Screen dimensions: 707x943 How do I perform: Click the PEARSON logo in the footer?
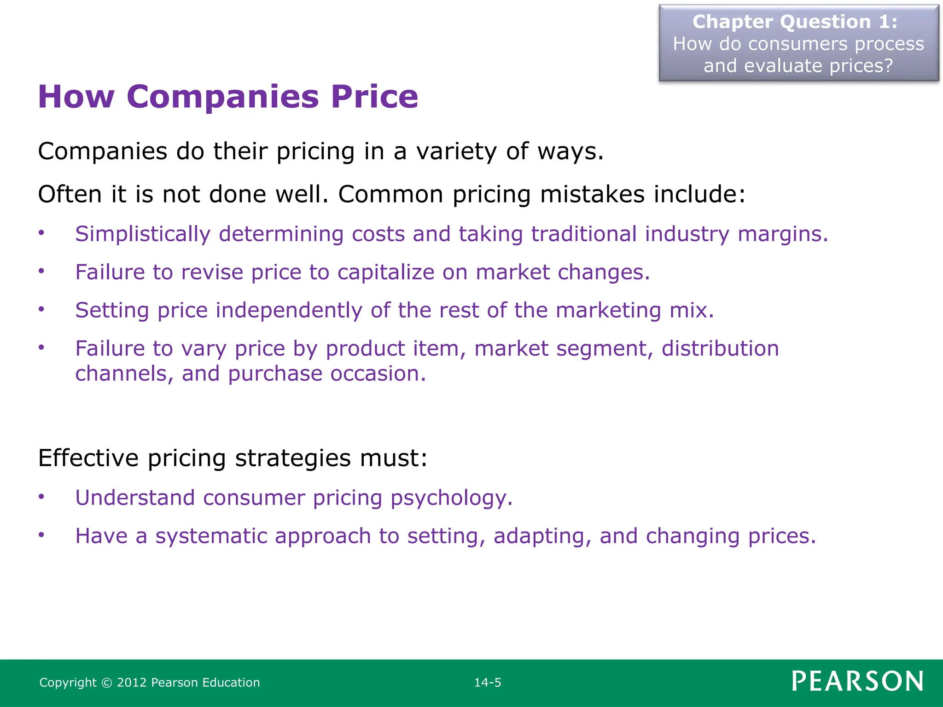[857, 681]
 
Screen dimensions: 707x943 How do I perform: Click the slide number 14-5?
[488, 682]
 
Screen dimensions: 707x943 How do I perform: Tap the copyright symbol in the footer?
[106, 683]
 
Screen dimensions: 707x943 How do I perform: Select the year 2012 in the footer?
[132, 682]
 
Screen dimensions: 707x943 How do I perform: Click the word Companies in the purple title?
[222, 97]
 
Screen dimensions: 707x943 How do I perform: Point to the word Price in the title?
[374, 97]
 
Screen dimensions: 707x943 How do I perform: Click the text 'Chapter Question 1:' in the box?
[795, 22]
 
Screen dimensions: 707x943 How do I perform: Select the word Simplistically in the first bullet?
[143, 234]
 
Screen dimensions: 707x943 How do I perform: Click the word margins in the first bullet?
[783, 234]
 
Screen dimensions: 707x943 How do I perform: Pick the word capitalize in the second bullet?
[386, 272]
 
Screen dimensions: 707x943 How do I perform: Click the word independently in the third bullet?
[289, 310]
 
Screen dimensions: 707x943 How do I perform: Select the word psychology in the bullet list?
[451, 498]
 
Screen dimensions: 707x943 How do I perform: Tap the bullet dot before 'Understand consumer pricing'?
[41, 497]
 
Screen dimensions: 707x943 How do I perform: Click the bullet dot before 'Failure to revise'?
[41, 271]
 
